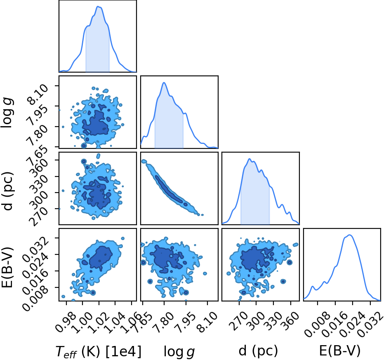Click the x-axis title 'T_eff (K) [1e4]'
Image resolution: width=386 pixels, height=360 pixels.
coord(99,351)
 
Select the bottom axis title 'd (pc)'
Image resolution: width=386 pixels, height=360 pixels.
coord(258,351)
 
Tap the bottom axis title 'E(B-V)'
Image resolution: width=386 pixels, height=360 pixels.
coord(340,351)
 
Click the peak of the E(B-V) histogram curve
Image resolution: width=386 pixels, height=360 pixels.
coord(350,235)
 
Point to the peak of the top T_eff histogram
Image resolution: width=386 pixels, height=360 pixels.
coord(98,7)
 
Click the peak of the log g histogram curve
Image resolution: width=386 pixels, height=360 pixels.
coord(164,82)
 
